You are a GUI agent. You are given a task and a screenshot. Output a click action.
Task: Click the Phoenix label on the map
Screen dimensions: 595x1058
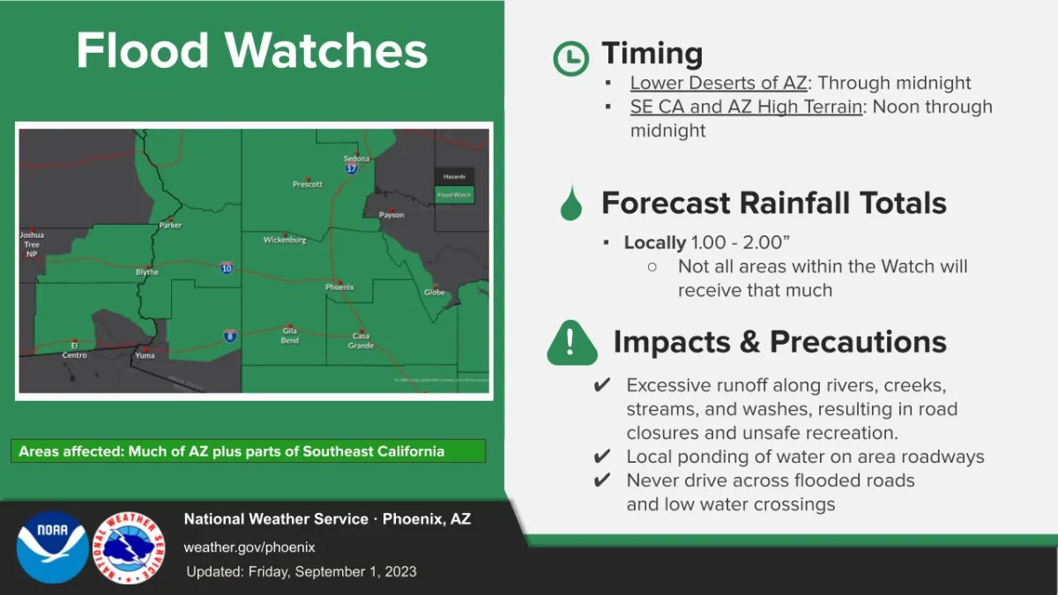[339, 287]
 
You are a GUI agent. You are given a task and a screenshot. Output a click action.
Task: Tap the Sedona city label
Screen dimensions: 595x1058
[356, 159]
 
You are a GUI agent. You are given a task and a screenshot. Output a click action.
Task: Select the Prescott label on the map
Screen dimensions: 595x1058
[308, 184]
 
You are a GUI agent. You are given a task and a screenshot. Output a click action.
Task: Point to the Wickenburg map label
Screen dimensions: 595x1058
[285, 240]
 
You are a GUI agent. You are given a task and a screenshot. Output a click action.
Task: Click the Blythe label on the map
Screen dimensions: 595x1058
[147, 272]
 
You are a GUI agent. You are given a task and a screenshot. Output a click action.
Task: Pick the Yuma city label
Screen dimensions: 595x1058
[144, 355]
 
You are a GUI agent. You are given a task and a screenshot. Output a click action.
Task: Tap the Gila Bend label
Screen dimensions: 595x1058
[290, 336]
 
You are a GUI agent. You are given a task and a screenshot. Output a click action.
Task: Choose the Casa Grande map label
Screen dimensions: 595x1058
[361, 341]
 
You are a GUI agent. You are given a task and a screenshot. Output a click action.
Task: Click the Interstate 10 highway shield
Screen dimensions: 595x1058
[227, 268]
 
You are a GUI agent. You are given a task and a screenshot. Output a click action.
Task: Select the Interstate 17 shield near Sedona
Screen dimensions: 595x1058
[352, 168]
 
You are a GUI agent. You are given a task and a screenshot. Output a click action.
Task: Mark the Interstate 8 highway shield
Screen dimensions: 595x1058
[230, 335]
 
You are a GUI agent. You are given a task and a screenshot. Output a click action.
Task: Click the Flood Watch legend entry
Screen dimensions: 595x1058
[454, 195]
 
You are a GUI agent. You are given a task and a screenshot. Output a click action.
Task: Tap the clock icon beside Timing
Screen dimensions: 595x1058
[570, 58]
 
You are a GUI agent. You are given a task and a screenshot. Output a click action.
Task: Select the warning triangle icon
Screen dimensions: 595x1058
[571, 343]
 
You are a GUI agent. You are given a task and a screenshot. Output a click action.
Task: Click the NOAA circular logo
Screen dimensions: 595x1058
[52, 547]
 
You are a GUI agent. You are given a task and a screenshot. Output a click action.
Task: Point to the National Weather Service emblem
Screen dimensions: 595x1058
[130, 547]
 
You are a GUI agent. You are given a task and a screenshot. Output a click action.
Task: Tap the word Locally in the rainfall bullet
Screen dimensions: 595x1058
[654, 242]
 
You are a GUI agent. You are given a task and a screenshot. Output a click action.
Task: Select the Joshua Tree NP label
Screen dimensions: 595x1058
[32, 244]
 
